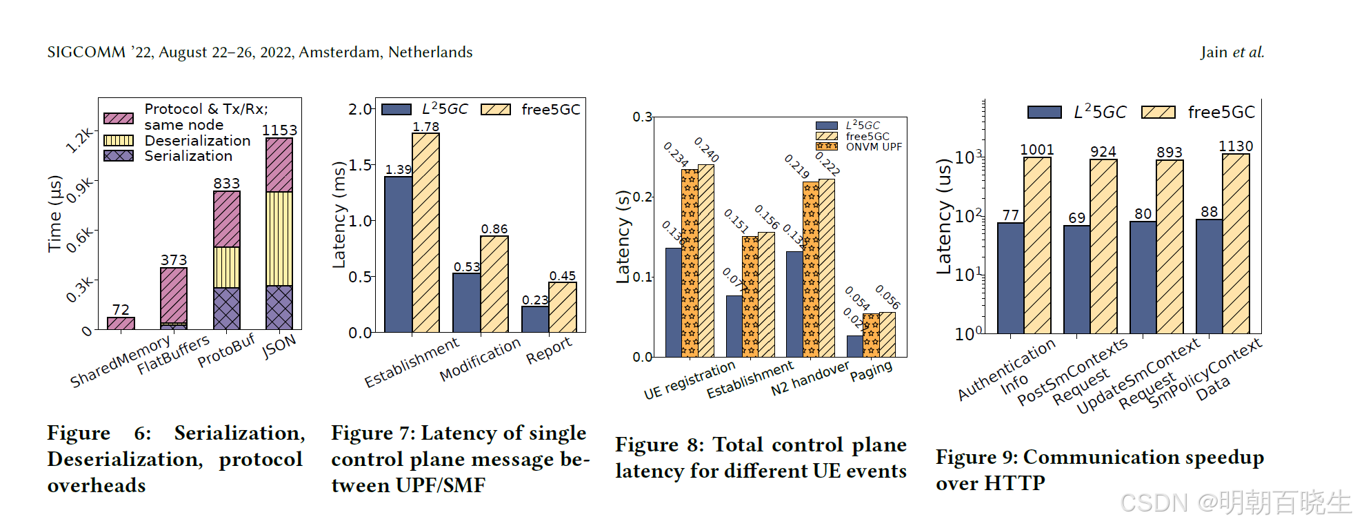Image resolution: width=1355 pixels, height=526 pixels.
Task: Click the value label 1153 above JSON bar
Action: pos(279,130)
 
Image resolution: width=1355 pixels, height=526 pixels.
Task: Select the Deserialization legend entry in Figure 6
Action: pos(197,141)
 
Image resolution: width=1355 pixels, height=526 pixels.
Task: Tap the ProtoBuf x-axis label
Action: pos(226,351)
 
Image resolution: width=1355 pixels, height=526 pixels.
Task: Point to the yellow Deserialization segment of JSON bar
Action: pos(279,238)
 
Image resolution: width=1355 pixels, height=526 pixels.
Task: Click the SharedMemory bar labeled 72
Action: pos(121,323)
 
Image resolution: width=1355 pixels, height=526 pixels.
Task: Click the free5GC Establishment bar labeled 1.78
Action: pos(425,232)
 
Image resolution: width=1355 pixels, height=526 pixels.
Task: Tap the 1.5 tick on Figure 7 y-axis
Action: pos(360,165)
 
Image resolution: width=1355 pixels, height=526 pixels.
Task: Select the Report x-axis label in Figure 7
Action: pos(549,351)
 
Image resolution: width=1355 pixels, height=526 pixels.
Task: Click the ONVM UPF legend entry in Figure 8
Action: pos(873,147)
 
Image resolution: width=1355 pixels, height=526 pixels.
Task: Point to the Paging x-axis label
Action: pos(871,371)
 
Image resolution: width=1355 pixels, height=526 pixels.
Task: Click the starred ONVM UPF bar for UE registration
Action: pos(690,262)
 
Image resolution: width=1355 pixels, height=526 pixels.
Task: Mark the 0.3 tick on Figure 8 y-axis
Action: pos(642,117)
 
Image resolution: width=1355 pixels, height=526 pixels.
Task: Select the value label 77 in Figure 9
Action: pos(1011,215)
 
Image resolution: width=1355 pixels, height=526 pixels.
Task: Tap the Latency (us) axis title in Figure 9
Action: pos(943,216)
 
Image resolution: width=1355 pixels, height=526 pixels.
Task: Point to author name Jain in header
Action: pos(1214,52)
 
